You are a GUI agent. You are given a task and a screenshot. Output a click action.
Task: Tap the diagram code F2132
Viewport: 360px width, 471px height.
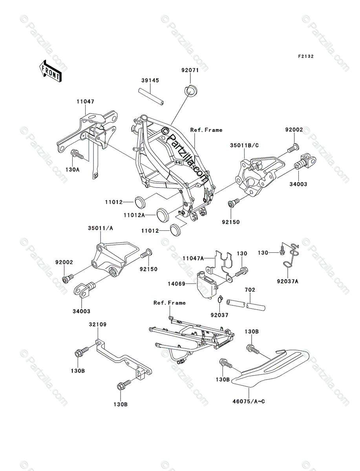tap(306, 57)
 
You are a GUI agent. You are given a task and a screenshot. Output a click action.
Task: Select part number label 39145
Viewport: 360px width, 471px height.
tap(150, 80)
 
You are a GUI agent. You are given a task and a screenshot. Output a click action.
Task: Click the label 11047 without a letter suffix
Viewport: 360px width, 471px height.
tap(86, 102)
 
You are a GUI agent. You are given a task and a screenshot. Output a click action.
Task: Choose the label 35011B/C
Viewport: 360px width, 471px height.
tap(244, 145)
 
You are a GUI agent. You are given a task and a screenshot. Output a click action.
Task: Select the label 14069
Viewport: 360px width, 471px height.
tap(177, 284)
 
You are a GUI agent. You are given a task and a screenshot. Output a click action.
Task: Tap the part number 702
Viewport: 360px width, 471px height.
tap(250, 290)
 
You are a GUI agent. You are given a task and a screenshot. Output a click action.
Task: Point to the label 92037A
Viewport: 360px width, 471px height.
tap(287, 281)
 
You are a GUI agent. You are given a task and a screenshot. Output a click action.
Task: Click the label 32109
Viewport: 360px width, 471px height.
tap(98, 325)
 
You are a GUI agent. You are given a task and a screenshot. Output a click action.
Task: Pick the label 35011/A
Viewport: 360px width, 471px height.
tap(100, 228)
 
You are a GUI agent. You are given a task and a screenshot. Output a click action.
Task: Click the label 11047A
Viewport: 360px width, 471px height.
tap(193, 258)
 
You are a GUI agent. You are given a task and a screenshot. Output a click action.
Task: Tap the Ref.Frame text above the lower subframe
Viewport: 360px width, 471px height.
tap(170, 303)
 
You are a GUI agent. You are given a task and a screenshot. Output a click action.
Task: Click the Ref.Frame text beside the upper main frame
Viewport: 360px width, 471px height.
tap(206, 130)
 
